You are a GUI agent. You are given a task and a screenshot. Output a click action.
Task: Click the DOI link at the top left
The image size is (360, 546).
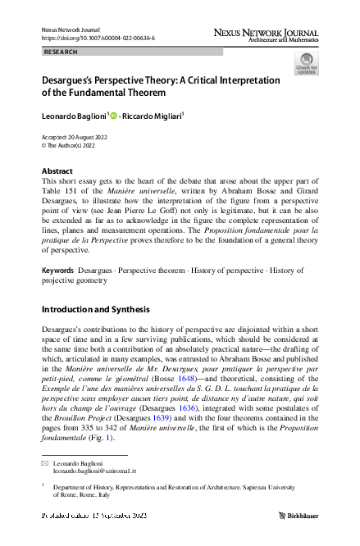[98, 38]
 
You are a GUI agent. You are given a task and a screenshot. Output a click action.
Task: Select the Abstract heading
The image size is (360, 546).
[57, 171]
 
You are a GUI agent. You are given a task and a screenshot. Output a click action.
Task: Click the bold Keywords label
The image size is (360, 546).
[59, 270]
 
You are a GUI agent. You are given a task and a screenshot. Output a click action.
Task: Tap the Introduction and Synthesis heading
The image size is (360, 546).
[95, 310]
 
